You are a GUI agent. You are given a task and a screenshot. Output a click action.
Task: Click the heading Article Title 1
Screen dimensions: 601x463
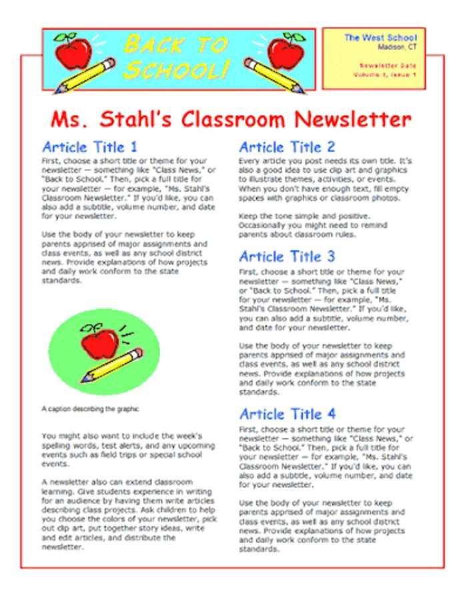point(89,147)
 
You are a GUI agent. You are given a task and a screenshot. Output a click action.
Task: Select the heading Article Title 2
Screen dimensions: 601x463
point(287,147)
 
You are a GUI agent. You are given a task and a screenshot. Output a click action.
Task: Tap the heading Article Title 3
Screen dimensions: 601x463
point(287,256)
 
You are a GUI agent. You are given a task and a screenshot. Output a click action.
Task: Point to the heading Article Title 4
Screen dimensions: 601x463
point(288,414)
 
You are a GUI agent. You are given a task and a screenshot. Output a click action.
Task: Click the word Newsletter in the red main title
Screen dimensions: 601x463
point(353,120)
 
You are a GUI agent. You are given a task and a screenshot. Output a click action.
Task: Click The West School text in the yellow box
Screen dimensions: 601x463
point(380,38)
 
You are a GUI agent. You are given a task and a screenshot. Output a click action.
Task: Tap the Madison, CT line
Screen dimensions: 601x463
point(397,47)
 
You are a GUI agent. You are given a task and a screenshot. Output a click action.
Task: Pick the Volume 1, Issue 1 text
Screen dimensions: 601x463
point(385,75)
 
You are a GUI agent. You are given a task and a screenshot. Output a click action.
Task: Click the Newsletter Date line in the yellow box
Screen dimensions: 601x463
point(388,65)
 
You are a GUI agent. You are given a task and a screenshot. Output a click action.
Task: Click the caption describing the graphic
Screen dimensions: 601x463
point(90,408)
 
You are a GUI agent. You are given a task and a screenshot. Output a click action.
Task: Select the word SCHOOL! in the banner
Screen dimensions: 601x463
point(177,69)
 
